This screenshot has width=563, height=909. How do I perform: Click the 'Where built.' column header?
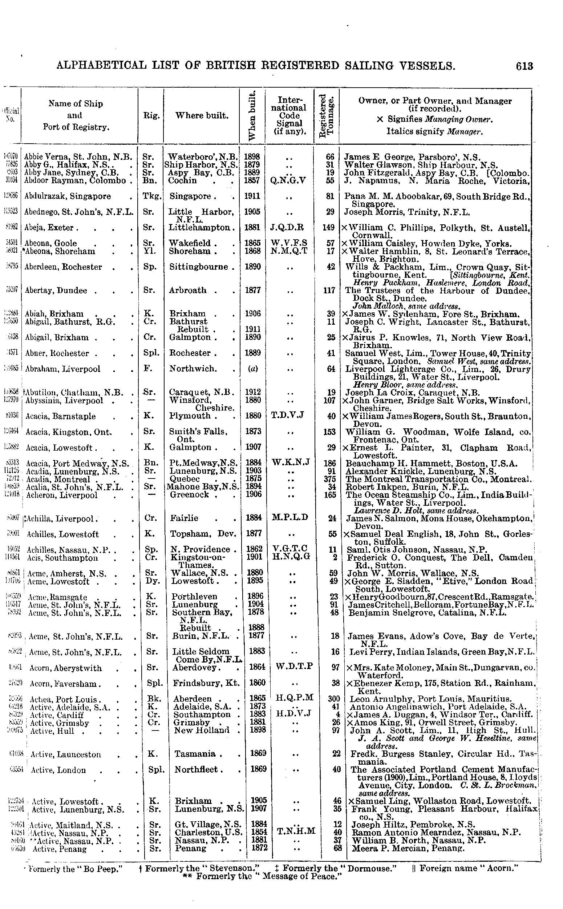click(202, 116)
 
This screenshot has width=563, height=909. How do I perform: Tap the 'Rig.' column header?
click(151, 116)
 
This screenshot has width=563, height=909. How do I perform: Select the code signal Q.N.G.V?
click(288, 181)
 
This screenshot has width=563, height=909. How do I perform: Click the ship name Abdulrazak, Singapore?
click(68, 196)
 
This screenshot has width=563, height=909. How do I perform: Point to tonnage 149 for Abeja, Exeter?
click(329, 228)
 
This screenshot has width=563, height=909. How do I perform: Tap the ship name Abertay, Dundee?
click(56, 291)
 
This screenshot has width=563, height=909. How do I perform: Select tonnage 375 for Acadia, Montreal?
click(330, 479)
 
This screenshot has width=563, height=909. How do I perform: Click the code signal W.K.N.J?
click(291, 463)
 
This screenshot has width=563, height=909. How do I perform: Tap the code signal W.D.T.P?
click(294, 666)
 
